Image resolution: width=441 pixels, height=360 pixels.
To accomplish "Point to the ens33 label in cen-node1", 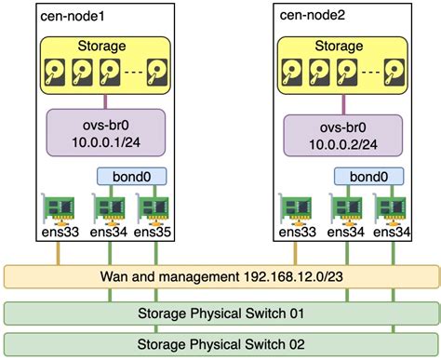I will click(59, 233).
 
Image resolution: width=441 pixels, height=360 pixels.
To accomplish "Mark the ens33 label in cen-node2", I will click(298, 233).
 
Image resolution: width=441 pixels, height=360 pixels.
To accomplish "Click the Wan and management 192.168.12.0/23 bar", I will click(220, 277).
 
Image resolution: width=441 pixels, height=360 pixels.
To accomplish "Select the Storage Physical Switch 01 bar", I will click(220, 312).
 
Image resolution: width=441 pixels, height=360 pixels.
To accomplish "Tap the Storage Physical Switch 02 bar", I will click(220, 343).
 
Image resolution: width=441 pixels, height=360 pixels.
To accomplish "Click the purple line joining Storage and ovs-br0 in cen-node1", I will click(103, 102).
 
